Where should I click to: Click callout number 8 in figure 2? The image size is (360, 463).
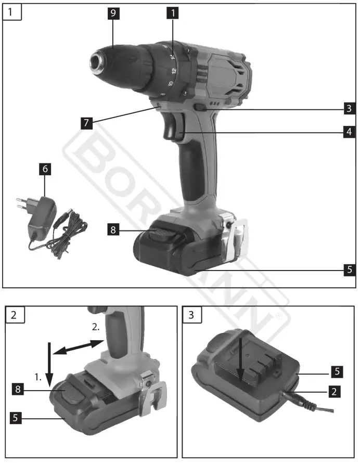[19, 388]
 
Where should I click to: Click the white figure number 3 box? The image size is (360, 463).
[192, 315]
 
